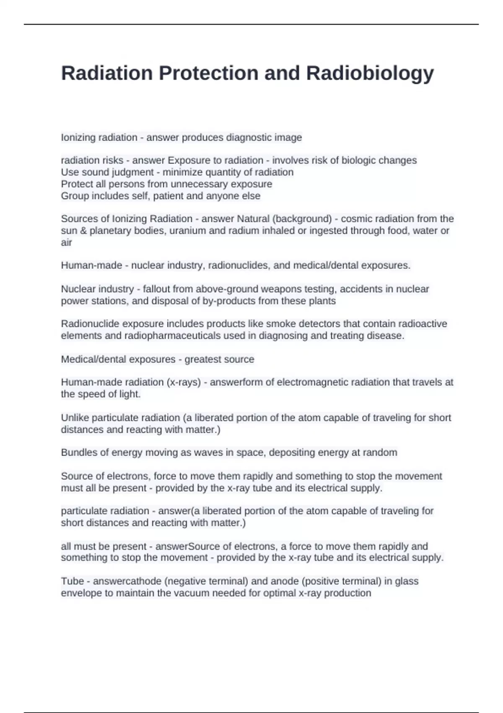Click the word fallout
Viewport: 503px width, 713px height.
point(156,289)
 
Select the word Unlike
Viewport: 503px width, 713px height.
point(75,418)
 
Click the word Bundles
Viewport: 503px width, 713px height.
point(78,453)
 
